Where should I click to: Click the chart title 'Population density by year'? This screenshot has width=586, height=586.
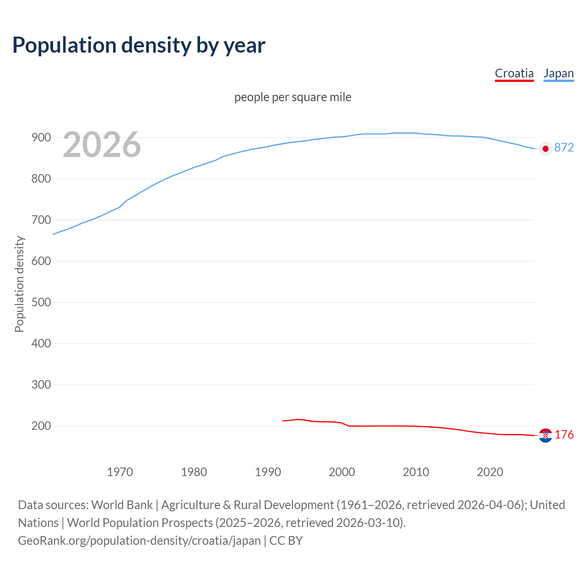click(x=139, y=45)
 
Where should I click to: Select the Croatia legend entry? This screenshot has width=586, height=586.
click(x=514, y=73)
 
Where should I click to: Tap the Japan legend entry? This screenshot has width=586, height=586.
click(x=559, y=73)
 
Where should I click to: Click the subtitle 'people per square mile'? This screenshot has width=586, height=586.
click(x=293, y=97)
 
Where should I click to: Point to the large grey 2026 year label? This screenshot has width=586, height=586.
click(x=102, y=145)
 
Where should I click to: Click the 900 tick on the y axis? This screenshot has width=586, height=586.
click(x=41, y=137)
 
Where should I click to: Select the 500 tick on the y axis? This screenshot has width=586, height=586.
click(x=41, y=302)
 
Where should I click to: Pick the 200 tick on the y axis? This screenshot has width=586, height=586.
click(x=41, y=426)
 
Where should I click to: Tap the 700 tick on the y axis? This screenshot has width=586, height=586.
click(x=41, y=220)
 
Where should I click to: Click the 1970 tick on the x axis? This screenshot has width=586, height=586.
click(x=120, y=472)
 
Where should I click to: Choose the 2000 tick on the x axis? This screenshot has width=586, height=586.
click(x=342, y=472)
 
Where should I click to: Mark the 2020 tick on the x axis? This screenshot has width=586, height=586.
click(x=490, y=472)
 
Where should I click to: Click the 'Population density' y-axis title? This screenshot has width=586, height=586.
click(x=19, y=284)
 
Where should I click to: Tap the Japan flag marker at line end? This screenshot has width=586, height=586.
click(x=545, y=148)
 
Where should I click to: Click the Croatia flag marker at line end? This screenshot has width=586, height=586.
click(x=545, y=435)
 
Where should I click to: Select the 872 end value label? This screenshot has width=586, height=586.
click(x=564, y=147)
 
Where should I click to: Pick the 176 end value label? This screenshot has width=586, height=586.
click(x=564, y=434)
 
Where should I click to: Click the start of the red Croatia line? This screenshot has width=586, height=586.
click(x=283, y=420)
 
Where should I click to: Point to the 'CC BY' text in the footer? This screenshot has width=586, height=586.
click(x=286, y=540)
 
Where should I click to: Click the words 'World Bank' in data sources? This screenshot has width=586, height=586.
click(x=122, y=505)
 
